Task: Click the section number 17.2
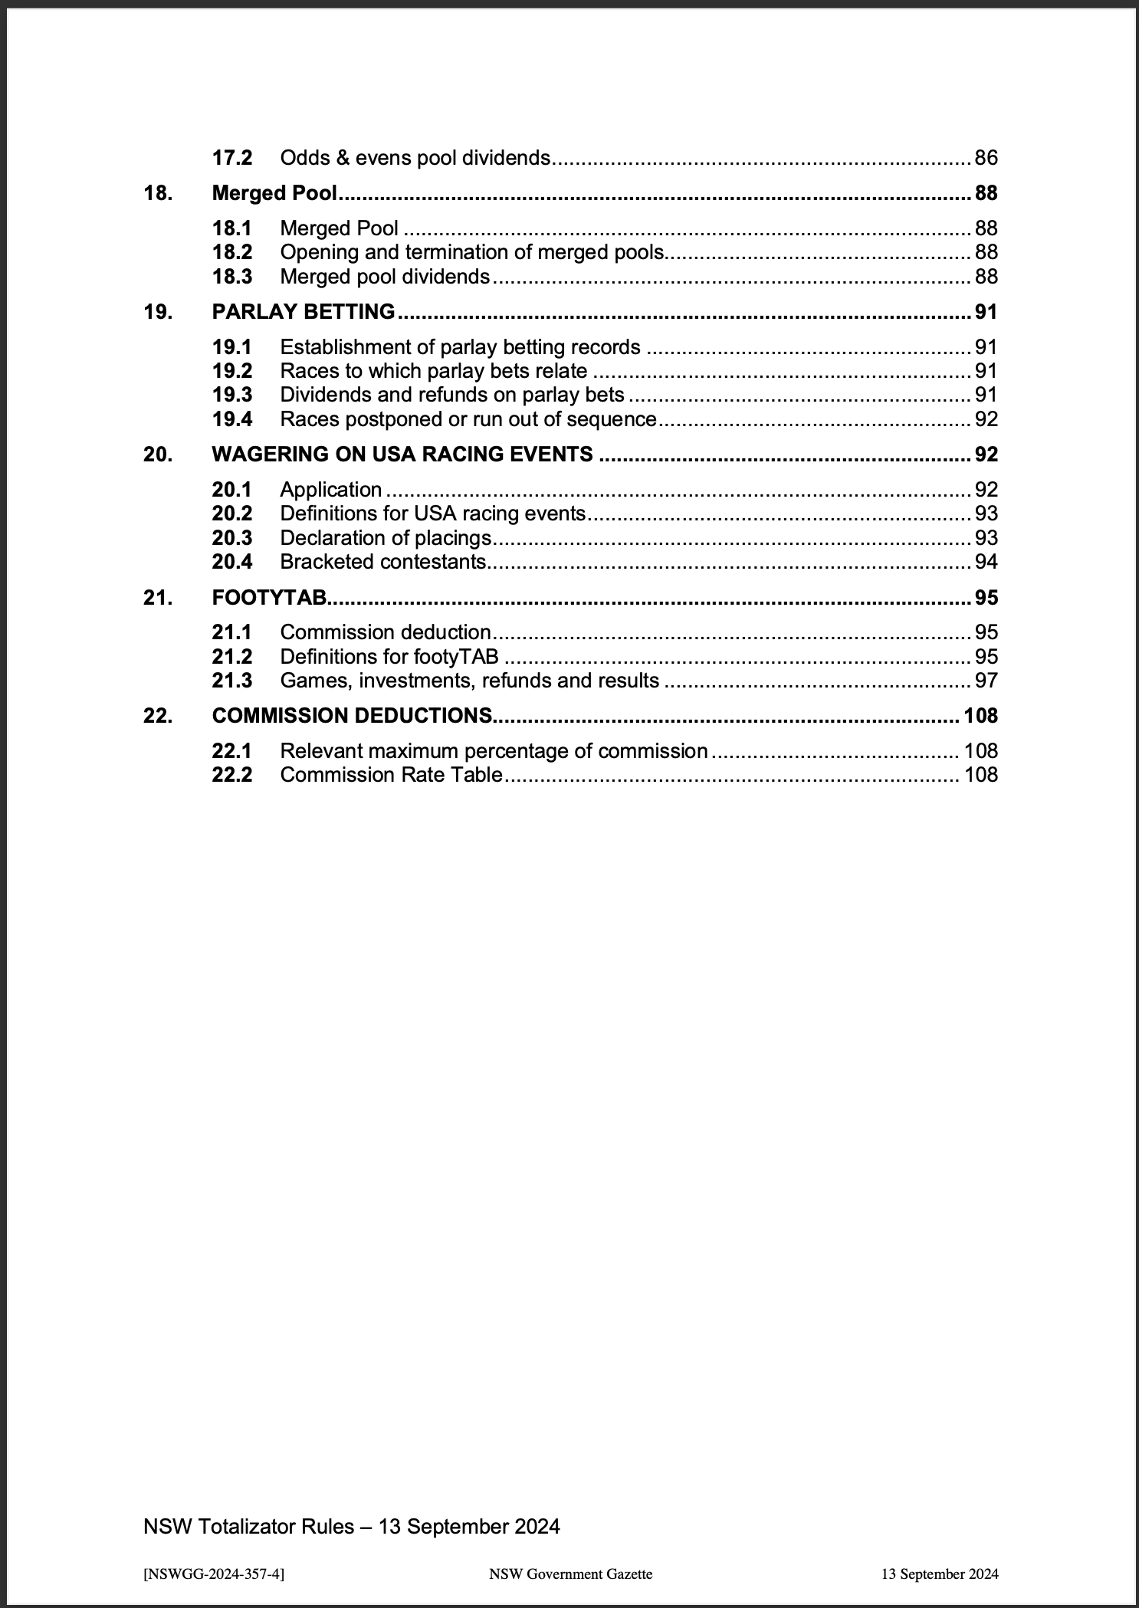231,158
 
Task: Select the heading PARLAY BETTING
304,312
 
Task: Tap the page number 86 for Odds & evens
986,158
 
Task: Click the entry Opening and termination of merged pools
471,252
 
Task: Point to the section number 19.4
231,419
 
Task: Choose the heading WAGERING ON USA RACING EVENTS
402,455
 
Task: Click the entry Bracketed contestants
383,562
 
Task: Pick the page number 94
986,562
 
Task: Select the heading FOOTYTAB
269,597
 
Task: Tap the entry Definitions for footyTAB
389,657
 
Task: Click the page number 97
986,681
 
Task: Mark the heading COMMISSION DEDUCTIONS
352,716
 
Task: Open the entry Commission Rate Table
391,775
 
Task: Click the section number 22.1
231,751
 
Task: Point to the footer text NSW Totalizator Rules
351,1526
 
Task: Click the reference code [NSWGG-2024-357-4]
214,1574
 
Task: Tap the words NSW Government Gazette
570,1574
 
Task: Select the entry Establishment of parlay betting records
460,347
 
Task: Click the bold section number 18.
158,193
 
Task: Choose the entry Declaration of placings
386,538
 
